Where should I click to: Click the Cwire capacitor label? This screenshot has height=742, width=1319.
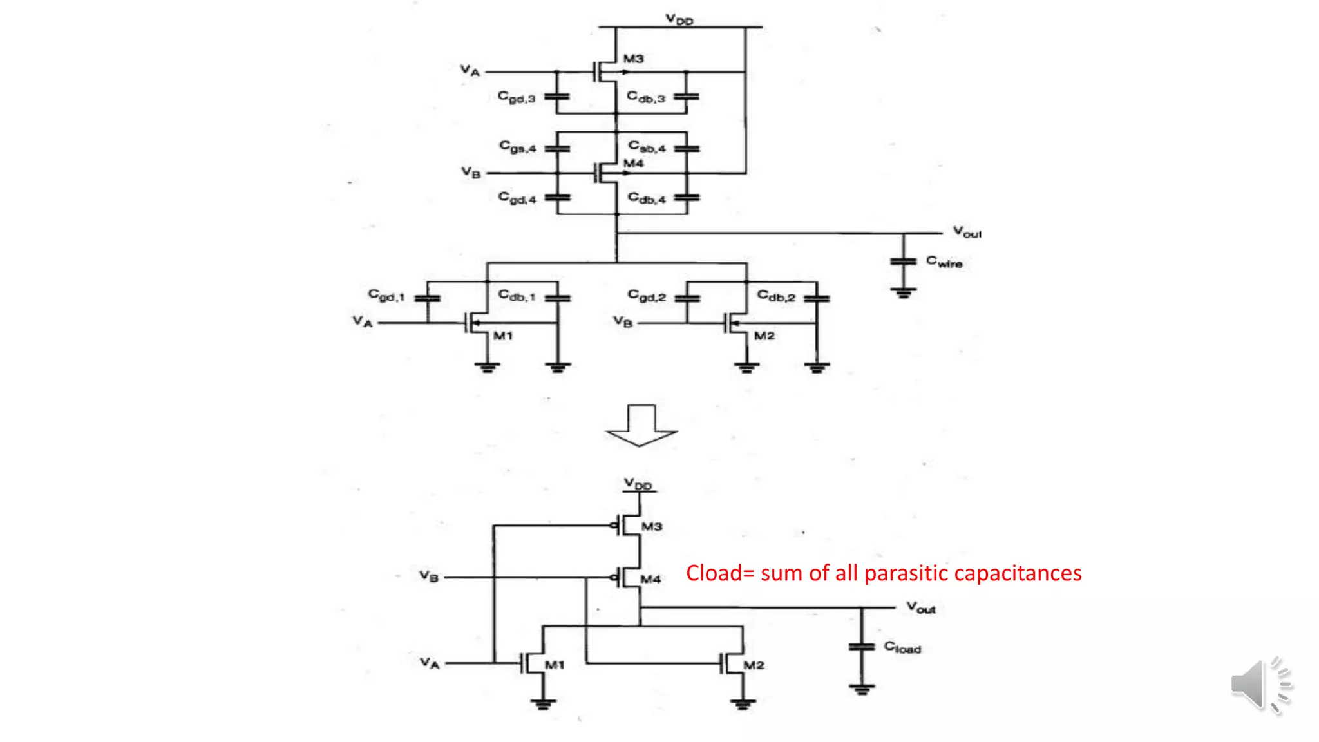pyautogui.click(x=944, y=262)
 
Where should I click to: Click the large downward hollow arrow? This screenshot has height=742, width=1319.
pyautogui.click(x=641, y=426)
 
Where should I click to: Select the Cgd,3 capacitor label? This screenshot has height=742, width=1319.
pyautogui.click(x=516, y=97)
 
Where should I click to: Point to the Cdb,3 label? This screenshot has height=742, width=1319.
pyautogui.click(x=645, y=97)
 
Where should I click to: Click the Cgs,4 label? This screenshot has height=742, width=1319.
pyautogui.click(x=517, y=147)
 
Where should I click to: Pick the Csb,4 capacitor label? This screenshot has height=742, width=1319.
pyautogui.click(x=647, y=147)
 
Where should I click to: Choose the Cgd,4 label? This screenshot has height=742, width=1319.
pyautogui.click(x=517, y=198)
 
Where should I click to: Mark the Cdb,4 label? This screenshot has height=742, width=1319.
pyautogui.click(x=647, y=198)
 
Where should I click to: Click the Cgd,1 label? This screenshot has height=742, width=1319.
pyautogui.click(x=386, y=296)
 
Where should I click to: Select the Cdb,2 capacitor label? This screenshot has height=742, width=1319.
pyautogui.click(x=776, y=296)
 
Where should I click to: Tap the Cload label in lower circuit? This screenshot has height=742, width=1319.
pyautogui.click(x=902, y=647)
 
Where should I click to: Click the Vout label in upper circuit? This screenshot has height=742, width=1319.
pyautogui.click(x=967, y=232)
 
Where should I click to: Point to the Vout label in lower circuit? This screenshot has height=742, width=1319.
pyautogui.click(x=920, y=607)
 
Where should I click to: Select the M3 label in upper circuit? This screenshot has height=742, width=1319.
pyautogui.click(x=633, y=59)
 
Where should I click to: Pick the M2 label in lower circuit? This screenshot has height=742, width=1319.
pyautogui.click(x=754, y=665)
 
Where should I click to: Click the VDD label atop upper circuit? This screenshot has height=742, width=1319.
pyautogui.click(x=679, y=19)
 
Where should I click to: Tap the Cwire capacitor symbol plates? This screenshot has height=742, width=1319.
pyautogui.click(x=903, y=261)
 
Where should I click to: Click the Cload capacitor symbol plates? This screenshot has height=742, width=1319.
pyautogui.click(x=862, y=646)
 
